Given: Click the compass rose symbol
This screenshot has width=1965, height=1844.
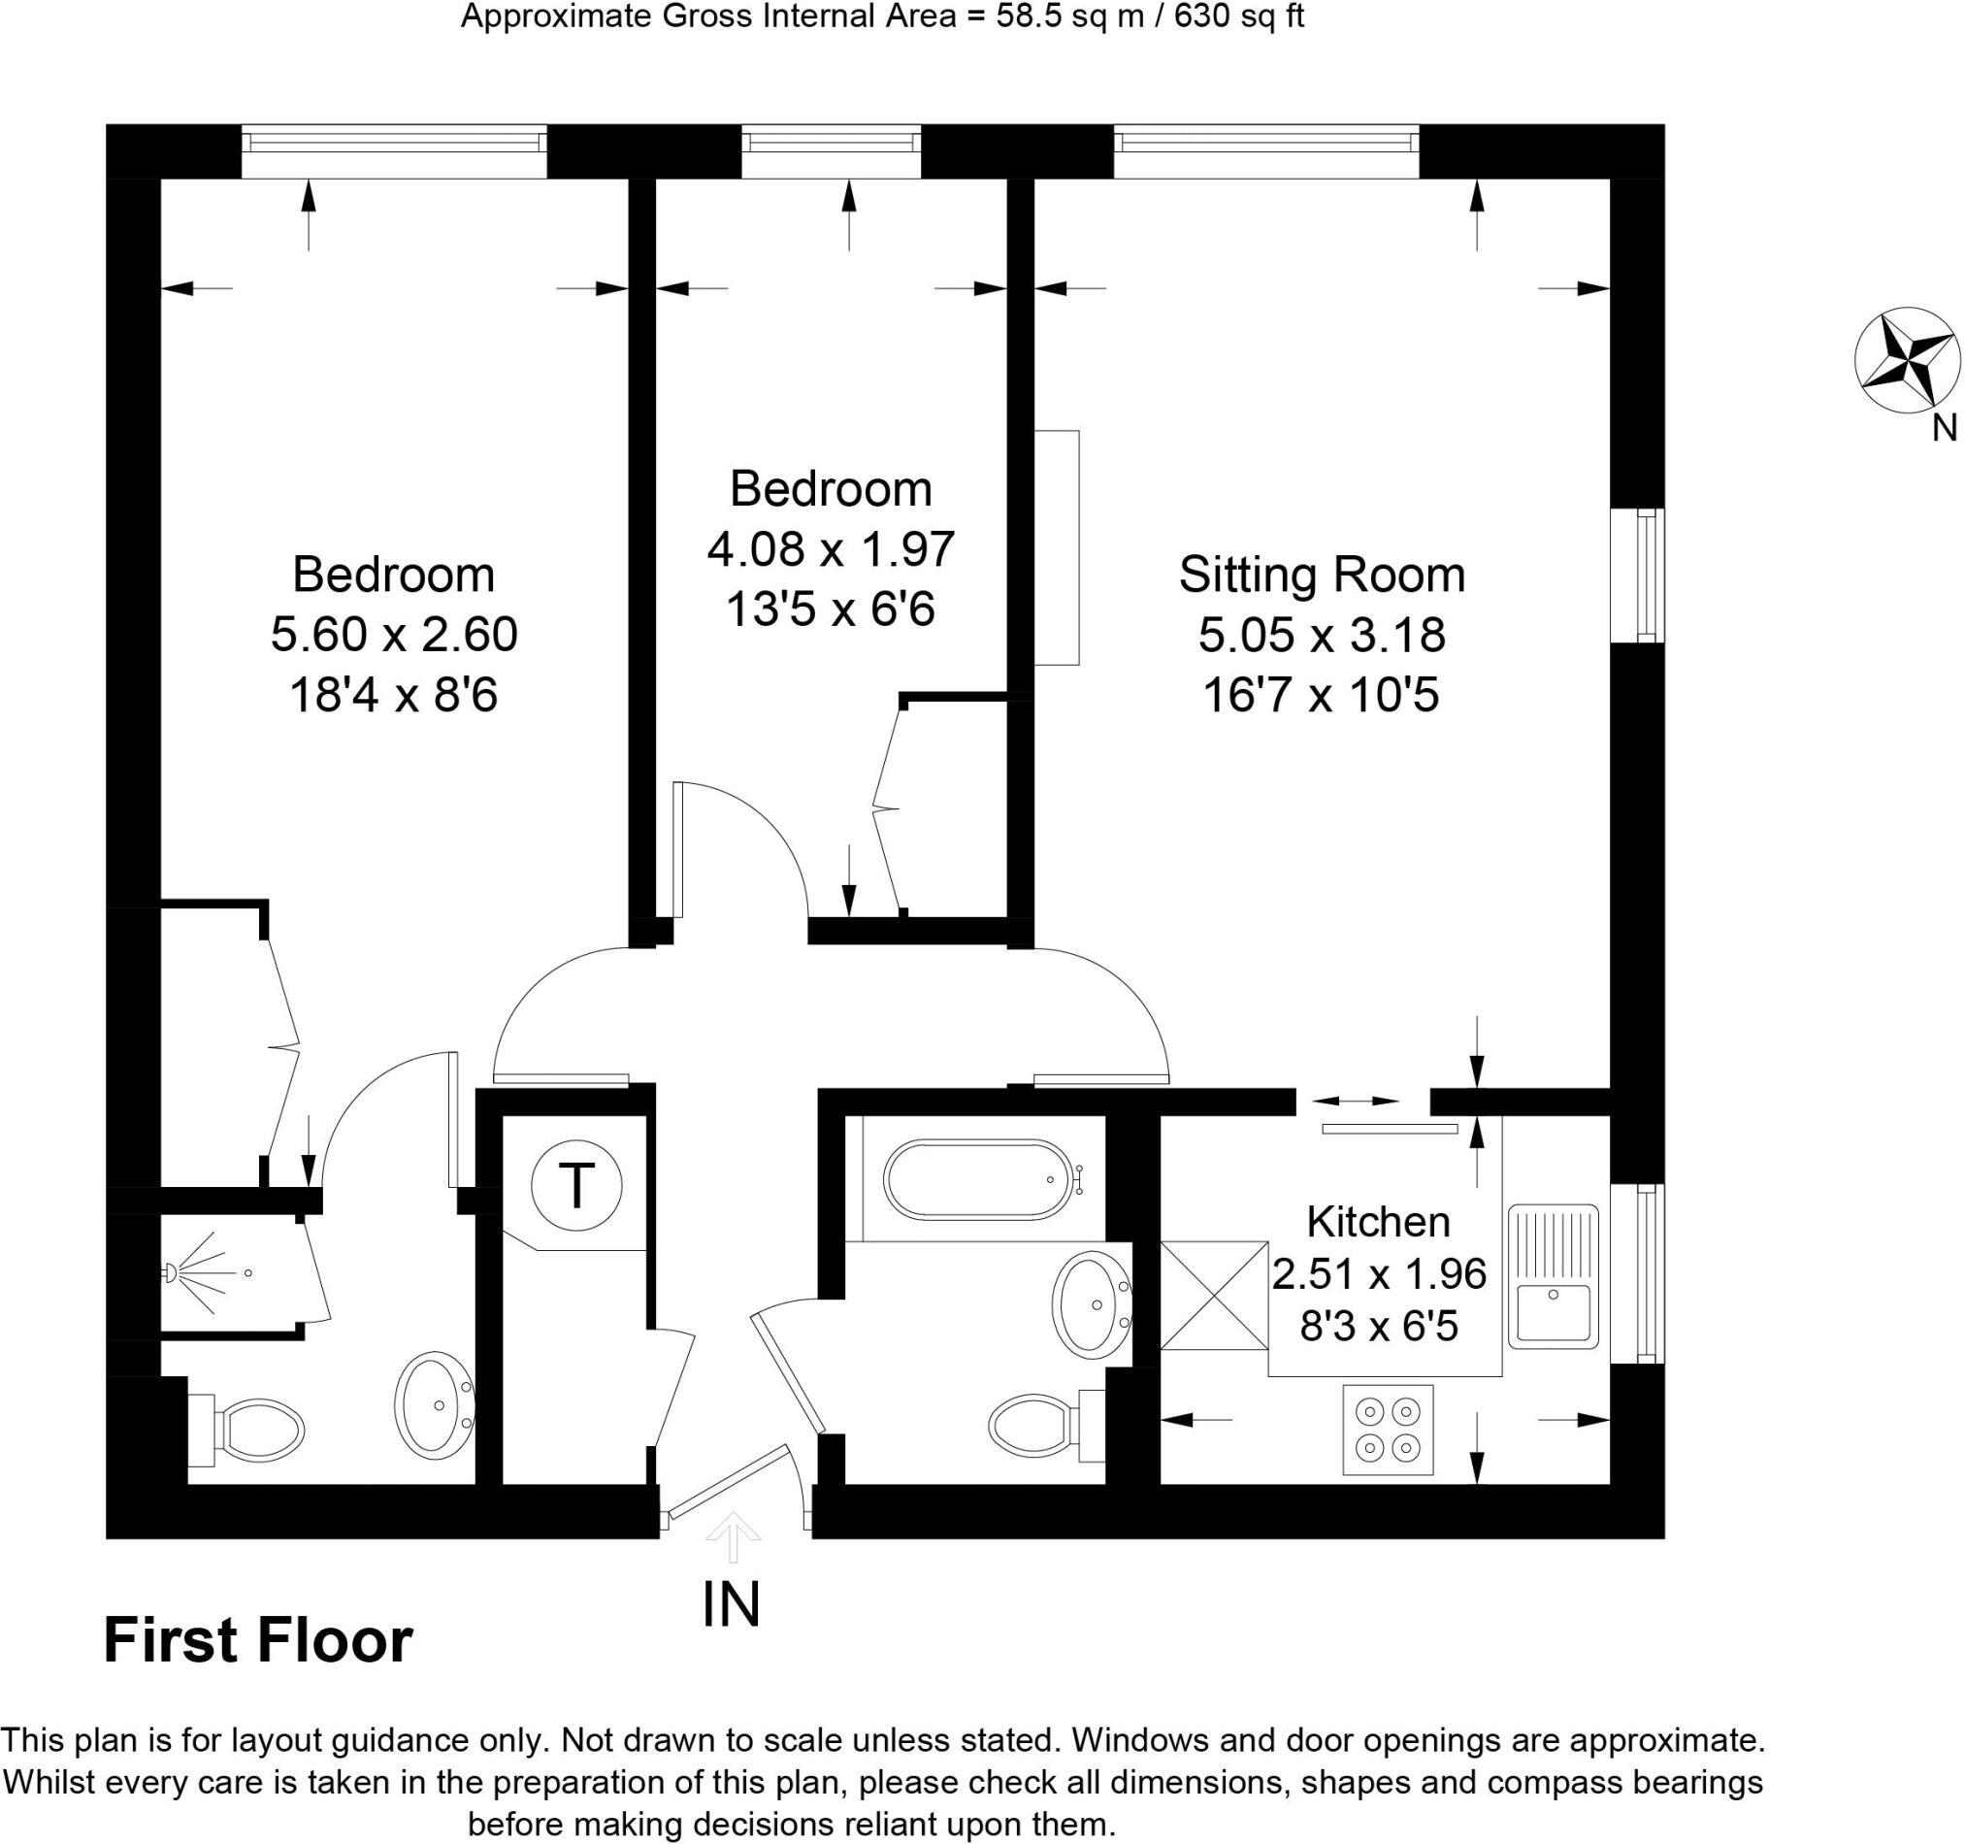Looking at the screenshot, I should (1906, 361).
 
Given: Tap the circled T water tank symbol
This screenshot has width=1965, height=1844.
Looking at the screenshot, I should (576, 1183).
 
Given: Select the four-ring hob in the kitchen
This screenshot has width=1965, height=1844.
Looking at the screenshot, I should (1387, 1430).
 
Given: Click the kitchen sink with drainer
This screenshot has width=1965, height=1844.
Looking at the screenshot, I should (1552, 1275).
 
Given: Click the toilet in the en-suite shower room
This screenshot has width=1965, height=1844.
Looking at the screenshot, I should (250, 1430).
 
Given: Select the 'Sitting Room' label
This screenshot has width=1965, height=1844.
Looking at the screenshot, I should (1321, 575).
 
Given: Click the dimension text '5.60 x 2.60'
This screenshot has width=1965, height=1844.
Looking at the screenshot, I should (393, 634).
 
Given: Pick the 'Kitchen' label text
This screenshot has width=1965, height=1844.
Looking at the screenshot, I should (1378, 1222).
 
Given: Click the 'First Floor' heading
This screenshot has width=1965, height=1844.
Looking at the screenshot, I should (258, 1641).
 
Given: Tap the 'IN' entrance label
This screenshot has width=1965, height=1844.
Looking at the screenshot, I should (731, 1603).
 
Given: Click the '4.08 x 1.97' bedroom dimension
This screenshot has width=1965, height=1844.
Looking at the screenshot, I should (831, 548).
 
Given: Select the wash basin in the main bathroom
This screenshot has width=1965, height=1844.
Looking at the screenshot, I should (1092, 1303).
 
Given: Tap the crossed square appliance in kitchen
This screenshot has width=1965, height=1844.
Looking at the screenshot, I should (1213, 1295).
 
